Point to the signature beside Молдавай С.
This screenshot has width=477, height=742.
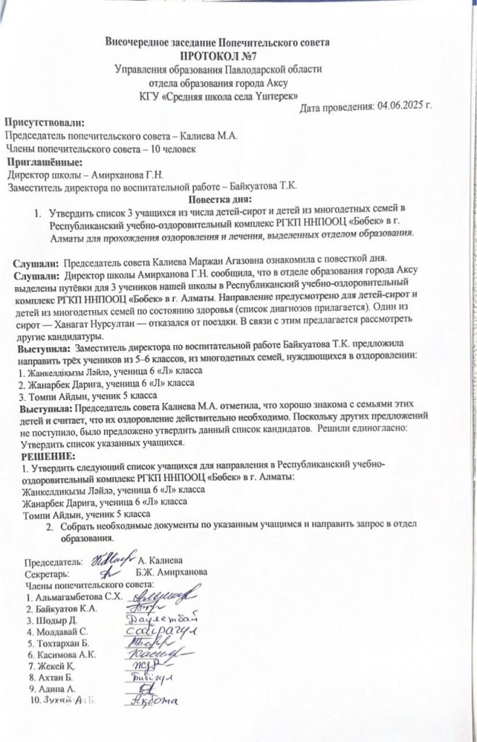pyautogui.click(x=160, y=633)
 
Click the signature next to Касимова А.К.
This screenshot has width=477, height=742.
pyautogui.click(x=155, y=656)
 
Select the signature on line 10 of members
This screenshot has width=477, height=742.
pyautogui.click(x=155, y=701)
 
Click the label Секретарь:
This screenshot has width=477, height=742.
pyautogui.click(x=48, y=572)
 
